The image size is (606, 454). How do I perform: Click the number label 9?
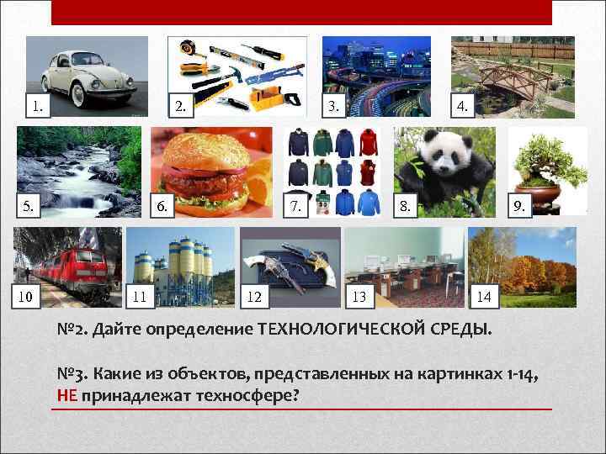click(520, 205)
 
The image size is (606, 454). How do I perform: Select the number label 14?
click(483, 296)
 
